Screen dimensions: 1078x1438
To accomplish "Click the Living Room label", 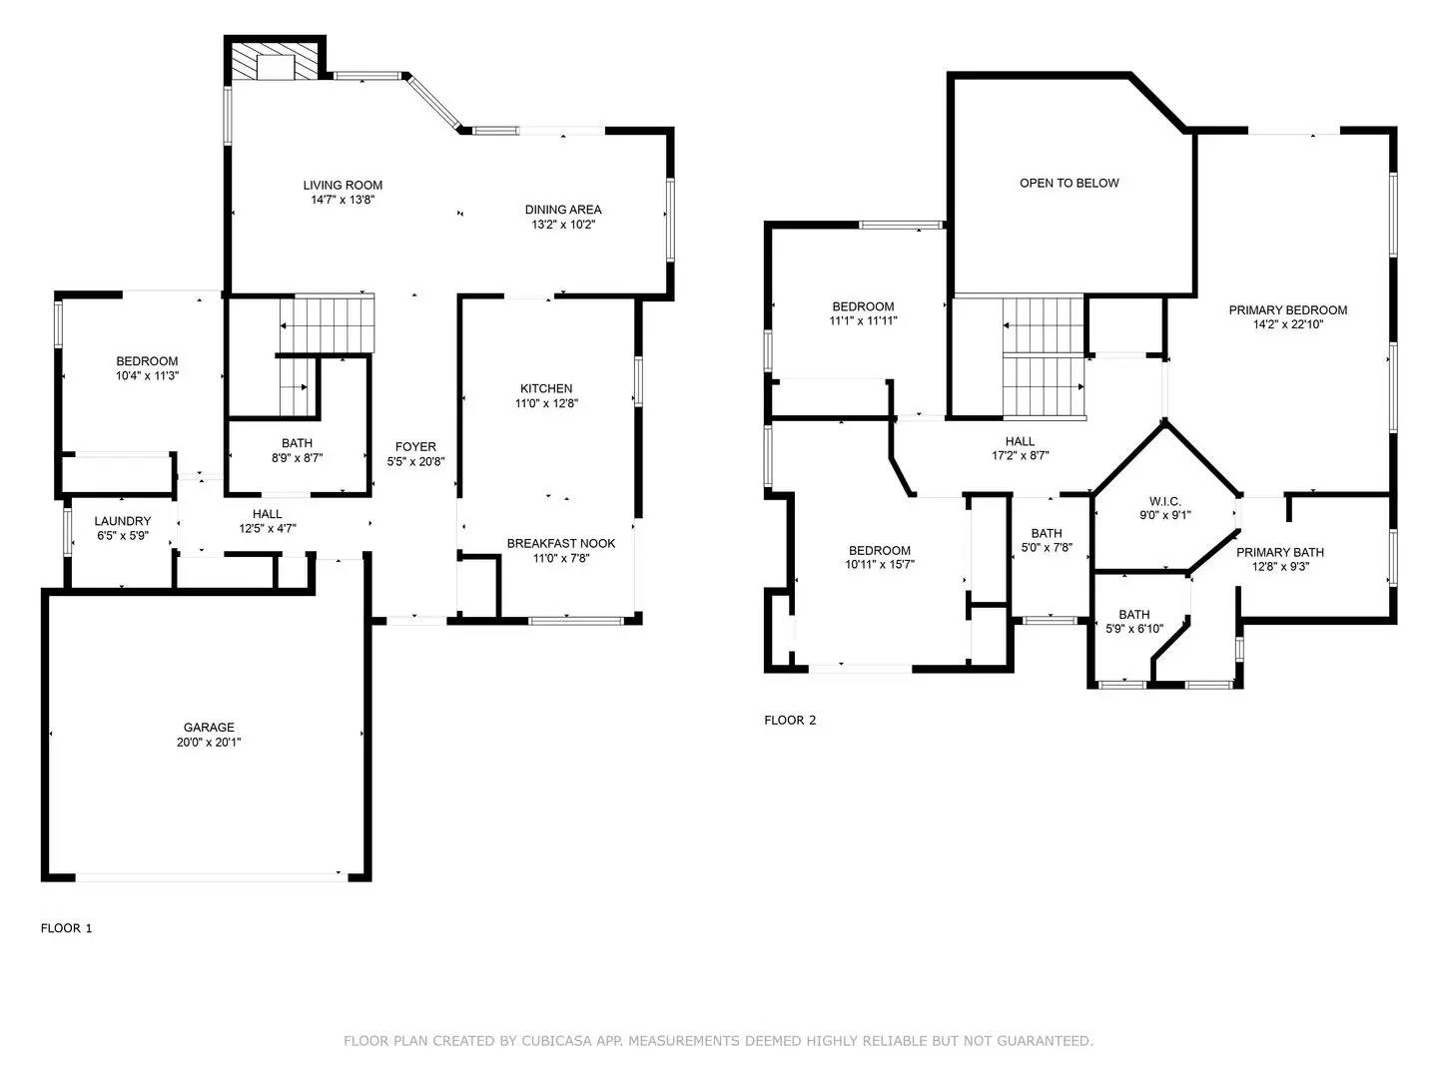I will (343, 185).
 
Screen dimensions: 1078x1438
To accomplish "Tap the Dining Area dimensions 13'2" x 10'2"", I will (563, 225).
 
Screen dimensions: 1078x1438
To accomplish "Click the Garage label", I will (209, 728).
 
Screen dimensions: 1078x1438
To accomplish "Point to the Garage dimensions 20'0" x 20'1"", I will (209, 743).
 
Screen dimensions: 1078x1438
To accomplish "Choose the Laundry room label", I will (123, 521).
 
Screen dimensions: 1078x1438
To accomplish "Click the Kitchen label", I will (546, 388).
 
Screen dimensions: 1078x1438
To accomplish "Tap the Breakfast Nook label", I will (561, 543).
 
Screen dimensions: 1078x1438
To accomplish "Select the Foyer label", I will (415, 447).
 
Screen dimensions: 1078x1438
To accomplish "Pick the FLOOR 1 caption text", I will (66, 928).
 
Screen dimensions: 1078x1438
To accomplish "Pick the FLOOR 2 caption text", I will (790, 720).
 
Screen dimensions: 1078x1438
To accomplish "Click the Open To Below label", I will (1069, 183).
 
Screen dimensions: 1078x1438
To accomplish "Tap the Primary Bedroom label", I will (1287, 309).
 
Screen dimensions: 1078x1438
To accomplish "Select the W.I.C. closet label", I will (1165, 501).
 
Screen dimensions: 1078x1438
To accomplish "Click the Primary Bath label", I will (1279, 552).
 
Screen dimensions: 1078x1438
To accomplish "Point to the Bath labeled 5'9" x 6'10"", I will (1133, 621).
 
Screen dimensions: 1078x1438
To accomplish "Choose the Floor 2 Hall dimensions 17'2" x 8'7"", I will (1020, 456).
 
